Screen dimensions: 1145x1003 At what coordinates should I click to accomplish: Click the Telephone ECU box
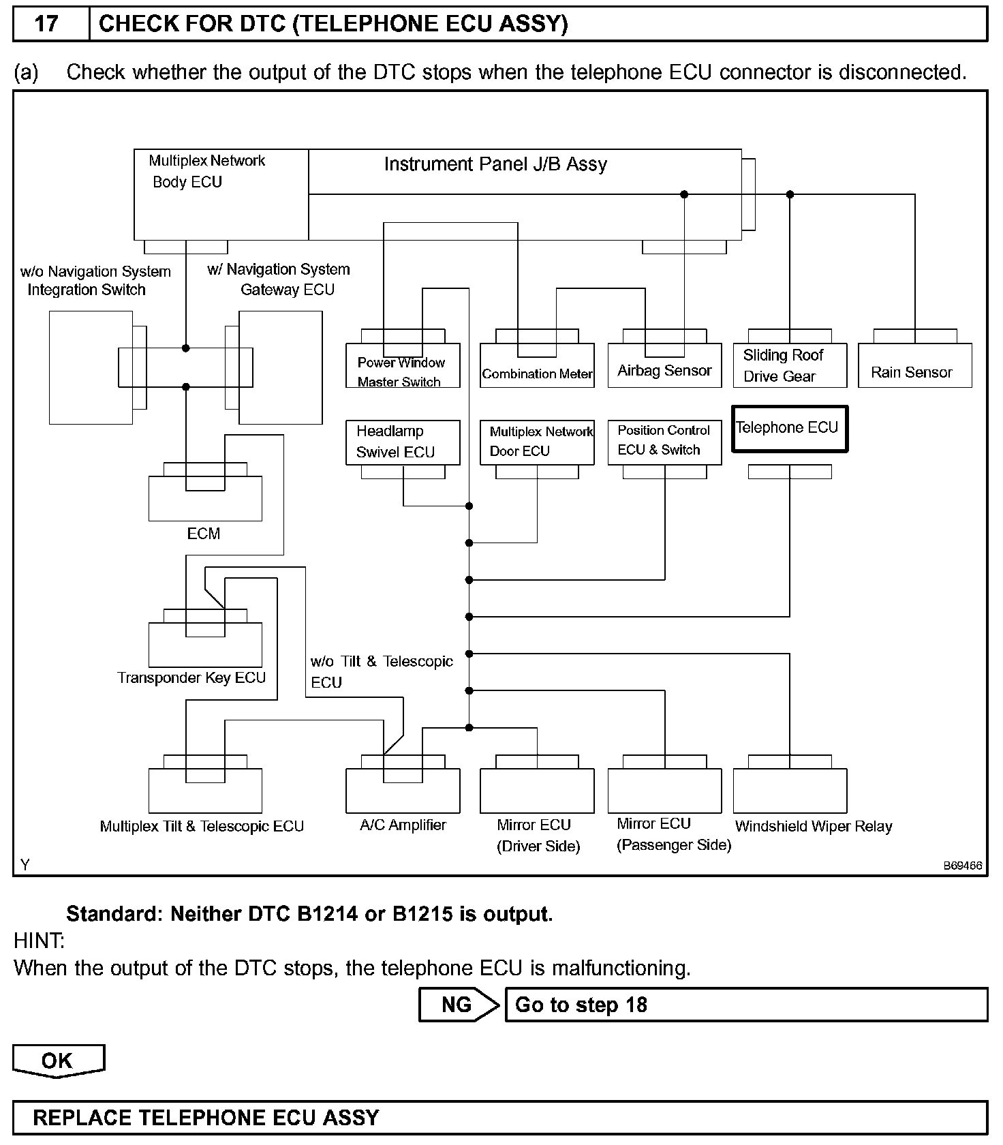click(789, 429)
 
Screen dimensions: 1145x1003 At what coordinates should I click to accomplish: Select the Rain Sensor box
click(914, 366)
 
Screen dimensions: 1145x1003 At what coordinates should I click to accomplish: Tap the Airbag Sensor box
click(664, 366)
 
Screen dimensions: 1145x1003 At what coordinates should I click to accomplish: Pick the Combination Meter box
click(537, 366)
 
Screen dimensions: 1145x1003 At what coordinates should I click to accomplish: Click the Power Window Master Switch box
click(403, 366)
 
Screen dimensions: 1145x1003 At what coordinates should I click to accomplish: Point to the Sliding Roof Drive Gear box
click(790, 366)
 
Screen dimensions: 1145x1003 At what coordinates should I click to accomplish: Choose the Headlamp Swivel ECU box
click(403, 442)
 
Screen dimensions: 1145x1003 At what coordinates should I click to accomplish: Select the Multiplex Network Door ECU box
click(537, 442)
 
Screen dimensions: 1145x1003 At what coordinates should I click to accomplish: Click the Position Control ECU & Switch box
click(664, 442)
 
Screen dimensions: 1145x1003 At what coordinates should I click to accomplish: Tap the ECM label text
click(204, 534)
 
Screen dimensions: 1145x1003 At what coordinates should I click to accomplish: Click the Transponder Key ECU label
click(191, 678)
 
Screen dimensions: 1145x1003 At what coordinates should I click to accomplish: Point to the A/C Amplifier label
click(403, 825)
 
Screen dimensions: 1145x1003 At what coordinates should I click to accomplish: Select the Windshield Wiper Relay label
click(814, 827)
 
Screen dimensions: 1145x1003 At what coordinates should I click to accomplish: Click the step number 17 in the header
click(47, 25)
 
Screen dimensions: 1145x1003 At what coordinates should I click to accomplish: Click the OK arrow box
click(58, 1060)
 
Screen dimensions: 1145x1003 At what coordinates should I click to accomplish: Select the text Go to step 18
click(581, 1005)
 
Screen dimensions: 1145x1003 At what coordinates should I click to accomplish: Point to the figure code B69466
click(962, 866)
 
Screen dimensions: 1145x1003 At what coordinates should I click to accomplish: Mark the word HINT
click(39, 941)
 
